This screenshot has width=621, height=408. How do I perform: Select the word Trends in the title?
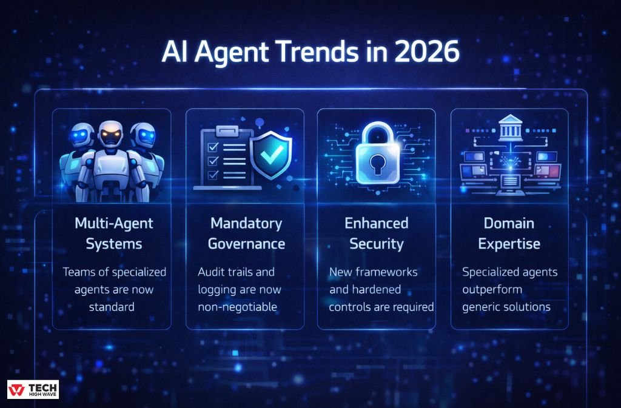[324, 53]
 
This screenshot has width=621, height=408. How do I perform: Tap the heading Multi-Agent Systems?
[113, 233]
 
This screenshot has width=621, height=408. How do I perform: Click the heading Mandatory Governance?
[246, 233]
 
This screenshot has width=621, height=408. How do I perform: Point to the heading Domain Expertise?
[508, 233]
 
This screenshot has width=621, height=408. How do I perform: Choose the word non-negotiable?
[238, 307]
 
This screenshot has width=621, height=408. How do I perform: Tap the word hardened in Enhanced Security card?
[376, 290]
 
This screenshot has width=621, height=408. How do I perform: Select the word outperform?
[488, 290]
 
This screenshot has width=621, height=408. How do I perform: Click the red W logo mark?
[16, 389]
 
